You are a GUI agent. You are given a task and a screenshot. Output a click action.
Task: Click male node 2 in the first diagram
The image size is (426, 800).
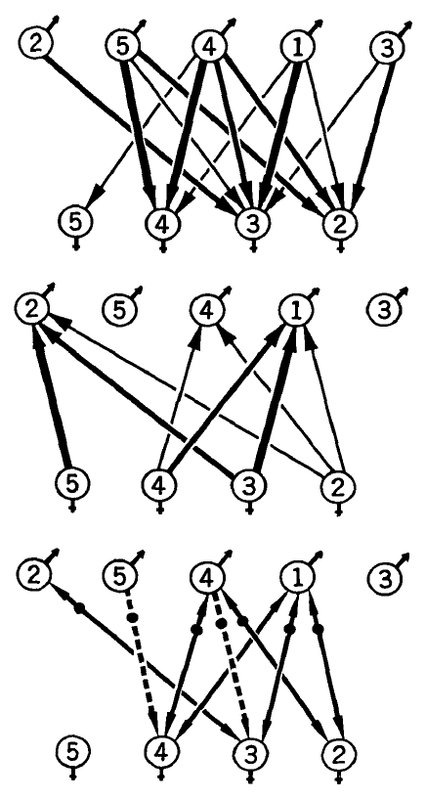click(x=33, y=44)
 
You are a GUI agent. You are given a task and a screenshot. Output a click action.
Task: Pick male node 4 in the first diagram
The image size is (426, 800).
click(x=209, y=47)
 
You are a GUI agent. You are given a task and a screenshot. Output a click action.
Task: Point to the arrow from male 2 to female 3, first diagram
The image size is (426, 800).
click(x=139, y=134)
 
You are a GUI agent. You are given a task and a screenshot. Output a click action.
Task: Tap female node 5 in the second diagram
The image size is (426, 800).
click(x=73, y=482)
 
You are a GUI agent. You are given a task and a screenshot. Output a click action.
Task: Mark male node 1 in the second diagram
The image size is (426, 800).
click(x=297, y=310)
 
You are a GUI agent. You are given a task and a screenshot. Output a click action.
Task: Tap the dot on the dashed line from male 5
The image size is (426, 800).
click(x=134, y=617)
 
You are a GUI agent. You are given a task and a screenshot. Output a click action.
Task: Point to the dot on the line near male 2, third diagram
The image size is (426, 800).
click(x=79, y=608)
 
